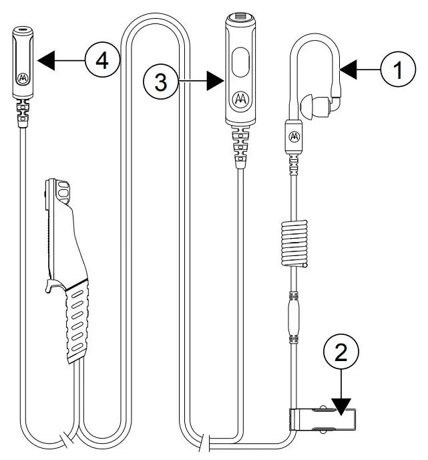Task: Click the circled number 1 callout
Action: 399,69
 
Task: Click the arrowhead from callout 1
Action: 349,69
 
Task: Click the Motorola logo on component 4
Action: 23,77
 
